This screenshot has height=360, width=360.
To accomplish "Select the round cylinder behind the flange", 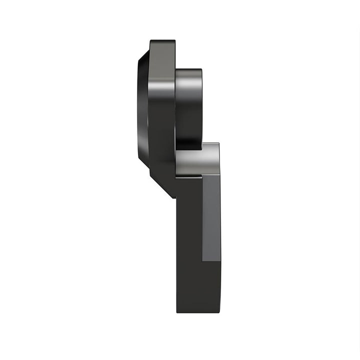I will [x=188, y=107].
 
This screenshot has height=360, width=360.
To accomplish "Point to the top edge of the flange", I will [x=162, y=39].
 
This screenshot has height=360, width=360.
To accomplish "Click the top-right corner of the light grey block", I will [x=219, y=143].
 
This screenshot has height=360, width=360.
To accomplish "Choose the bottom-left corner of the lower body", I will [x=176, y=312].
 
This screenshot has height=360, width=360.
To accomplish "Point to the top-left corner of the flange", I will [x=150, y=40].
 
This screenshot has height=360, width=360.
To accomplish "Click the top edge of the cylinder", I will [x=188, y=69].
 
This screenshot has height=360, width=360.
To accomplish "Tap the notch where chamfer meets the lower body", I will [x=176, y=197].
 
